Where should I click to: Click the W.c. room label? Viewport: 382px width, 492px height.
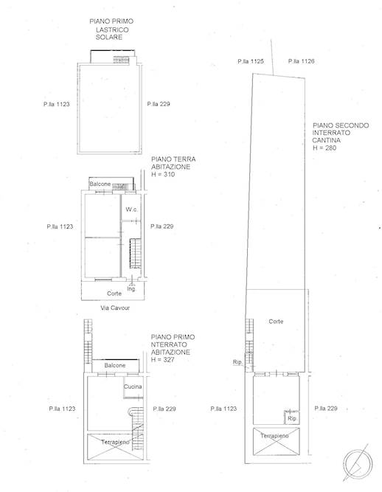coord(131,209)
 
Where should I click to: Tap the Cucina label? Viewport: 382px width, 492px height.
coord(133,387)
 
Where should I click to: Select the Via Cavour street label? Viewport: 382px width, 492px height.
coord(115,308)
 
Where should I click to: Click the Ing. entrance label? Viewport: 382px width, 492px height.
coord(131,288)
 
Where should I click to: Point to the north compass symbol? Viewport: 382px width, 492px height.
coord(358,462)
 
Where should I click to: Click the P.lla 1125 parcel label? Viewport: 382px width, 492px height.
coord(251,61)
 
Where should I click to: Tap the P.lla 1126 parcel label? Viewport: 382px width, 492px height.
coord(301,61)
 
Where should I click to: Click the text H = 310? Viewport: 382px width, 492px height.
coord(163,175)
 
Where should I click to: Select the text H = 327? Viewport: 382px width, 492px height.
coord(162,359)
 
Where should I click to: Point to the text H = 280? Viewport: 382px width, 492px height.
coord(324,148)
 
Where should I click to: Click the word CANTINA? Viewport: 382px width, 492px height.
coord(326,140)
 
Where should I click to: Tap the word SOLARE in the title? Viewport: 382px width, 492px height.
coord(109,37)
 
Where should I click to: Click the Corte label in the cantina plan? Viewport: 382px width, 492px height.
coord(276,322)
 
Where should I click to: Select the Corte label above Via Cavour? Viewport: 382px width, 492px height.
coord(114,294)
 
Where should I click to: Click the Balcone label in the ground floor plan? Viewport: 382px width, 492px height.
coord(100,184)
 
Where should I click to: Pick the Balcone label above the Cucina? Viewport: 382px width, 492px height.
coord(115,365)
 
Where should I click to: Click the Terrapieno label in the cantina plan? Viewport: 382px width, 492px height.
coord(275,436)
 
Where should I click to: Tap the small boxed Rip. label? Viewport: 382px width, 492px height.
coord(292,418)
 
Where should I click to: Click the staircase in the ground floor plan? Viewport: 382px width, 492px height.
coord(136,254)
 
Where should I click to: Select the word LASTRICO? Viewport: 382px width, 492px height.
coord(112,30)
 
